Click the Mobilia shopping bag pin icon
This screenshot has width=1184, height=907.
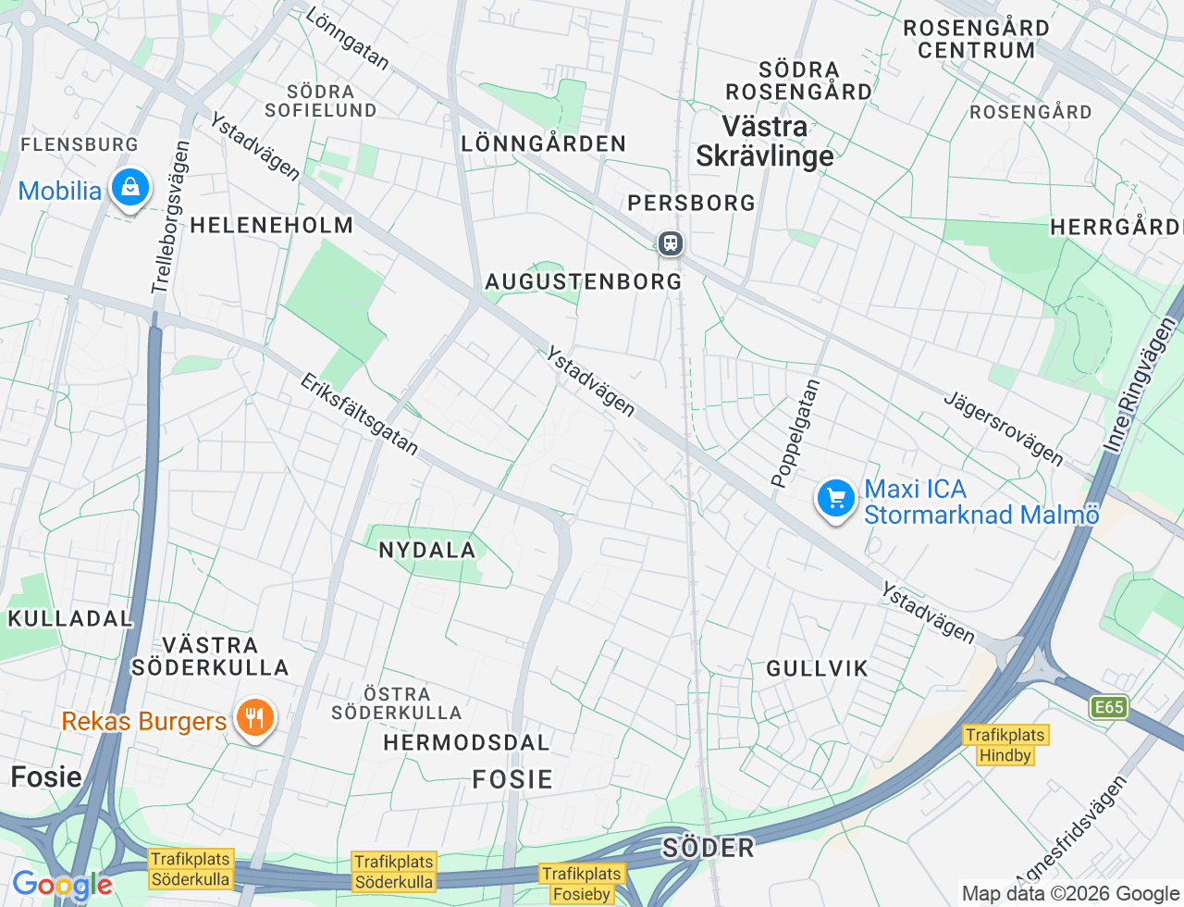[x=130, y=188]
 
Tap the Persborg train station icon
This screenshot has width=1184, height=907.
[x=671, y=243]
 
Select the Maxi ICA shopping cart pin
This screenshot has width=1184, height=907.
[x=836, y=498]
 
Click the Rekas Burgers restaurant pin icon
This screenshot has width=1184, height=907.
[x=254, y=718]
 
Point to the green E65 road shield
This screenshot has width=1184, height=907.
[x=1108, y=708]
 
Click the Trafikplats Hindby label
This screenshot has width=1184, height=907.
[x=1005, y=745]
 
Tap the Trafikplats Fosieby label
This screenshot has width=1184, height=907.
[x=581, y=884]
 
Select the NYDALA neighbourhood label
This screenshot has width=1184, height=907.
[x=426, y=550]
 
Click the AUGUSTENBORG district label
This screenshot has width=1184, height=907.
[x=583, y=281]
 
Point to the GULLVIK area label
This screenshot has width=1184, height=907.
[x=817, y=668]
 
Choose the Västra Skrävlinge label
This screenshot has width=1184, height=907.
[x=765, y=141]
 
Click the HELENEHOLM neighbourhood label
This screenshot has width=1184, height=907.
[x=271, y=225]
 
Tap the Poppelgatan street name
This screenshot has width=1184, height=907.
[x=795, y=433]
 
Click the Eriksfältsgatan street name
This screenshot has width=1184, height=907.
[x=359, y=415]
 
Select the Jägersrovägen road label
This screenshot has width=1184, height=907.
[x=1003, y=429]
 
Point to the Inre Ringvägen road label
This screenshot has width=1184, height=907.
[x=1140, y=385]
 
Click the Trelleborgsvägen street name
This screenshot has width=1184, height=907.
[x=171, y=217]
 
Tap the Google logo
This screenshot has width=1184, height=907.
[x=62, y=885]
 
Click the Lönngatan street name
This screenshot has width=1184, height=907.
[x=347, y=39]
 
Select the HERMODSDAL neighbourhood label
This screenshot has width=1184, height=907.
[x=466, y=743]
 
